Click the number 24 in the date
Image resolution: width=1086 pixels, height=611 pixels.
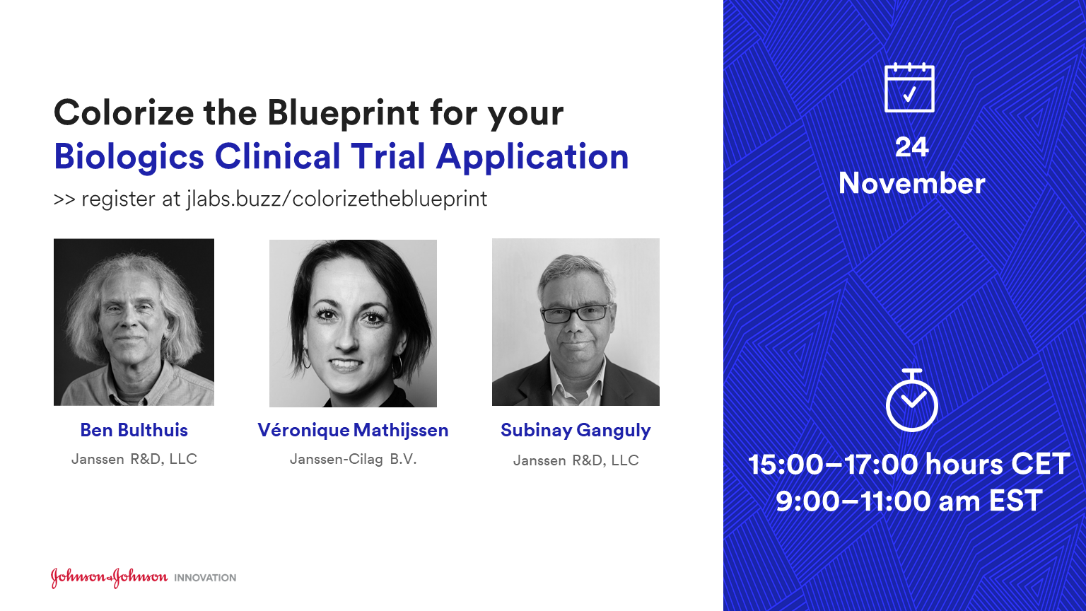(911, 147)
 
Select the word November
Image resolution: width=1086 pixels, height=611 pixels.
(911, 183)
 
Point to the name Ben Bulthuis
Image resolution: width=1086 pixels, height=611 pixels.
(134, 430)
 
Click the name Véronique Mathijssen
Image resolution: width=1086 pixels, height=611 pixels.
(353, 430)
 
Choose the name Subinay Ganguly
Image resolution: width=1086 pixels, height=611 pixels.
(576, 431)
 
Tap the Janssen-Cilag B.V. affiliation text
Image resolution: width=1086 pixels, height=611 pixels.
(353, 459)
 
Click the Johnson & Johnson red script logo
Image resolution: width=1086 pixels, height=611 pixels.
(109, 578)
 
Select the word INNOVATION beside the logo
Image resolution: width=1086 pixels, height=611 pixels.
(205, 578)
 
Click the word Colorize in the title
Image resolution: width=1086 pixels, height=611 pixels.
(124, 112)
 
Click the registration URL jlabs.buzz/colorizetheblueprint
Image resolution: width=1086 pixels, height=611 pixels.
(337, 199)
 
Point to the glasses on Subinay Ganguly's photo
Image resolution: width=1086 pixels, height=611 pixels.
(576, 313)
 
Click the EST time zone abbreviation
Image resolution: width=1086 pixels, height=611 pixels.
(1016, 501)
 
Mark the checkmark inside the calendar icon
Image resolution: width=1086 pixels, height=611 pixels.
(909, 93)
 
